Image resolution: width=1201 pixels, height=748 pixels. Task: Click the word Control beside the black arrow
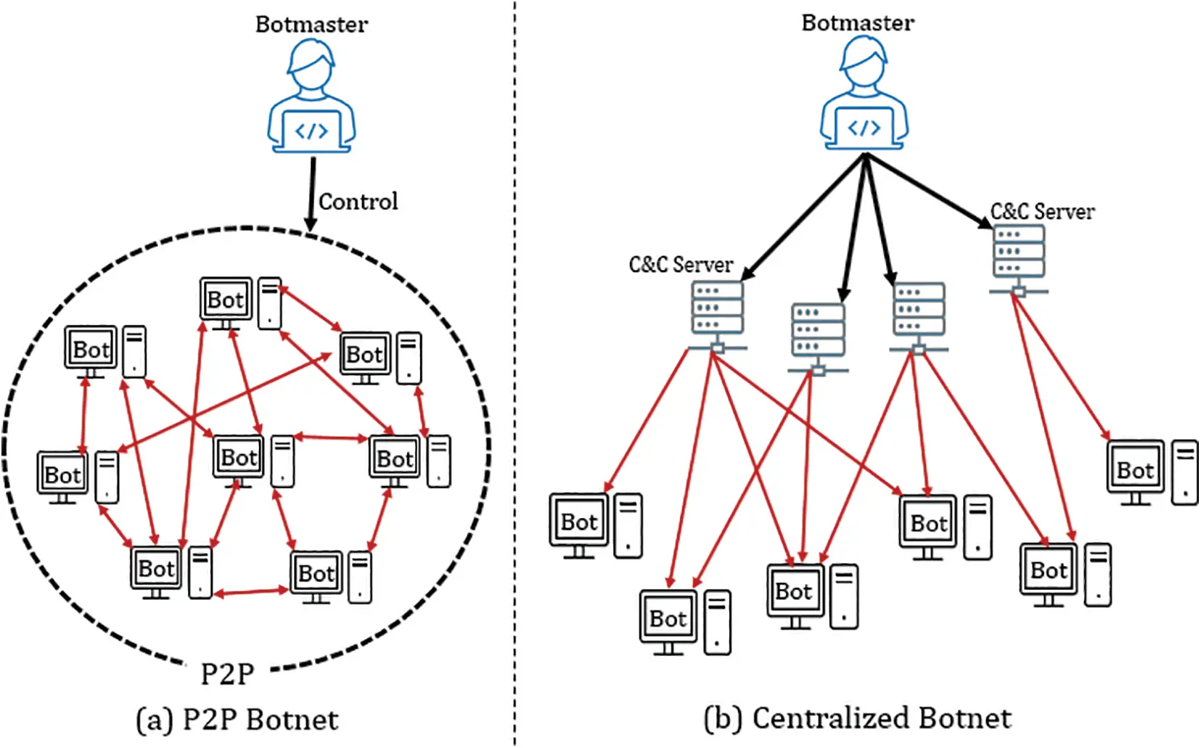tap(358, 202)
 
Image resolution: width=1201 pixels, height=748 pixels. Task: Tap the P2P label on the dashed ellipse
tap(227, 674)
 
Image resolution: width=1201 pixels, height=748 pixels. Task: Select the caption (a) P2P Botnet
tap(237, 720)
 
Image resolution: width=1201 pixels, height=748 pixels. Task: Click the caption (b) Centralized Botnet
tap(858, 718)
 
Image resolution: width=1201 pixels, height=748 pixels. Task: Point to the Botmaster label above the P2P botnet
tap(311, 25)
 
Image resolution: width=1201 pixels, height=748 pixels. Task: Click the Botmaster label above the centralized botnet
tap(858, 23)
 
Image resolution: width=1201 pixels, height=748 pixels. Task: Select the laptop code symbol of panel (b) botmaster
tap(864, 128)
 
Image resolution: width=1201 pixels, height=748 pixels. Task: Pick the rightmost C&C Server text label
tap(1042, 212)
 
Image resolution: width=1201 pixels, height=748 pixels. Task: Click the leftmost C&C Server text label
tap(681, 265)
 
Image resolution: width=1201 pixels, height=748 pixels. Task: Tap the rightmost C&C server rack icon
tap(1019, 255)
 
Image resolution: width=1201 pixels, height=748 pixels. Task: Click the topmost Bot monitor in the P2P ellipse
tap(226, 300)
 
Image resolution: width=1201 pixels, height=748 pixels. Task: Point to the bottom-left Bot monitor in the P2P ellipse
tap(156, 569)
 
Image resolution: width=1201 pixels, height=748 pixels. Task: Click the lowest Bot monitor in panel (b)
tap(668, 619)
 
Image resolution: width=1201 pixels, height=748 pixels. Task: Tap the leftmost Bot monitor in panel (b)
tap(578, 522)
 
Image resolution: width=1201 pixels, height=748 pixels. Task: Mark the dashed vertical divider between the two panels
tap(515, 363)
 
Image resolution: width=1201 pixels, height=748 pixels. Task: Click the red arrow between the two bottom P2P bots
tap(251, 593)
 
